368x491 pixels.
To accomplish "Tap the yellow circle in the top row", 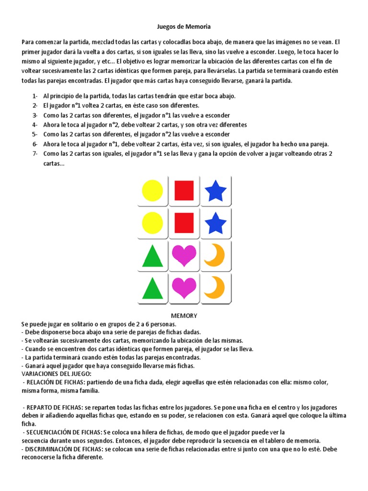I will point(152,191).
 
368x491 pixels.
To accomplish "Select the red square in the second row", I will point(184,223).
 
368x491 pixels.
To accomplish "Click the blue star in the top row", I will point(216,191).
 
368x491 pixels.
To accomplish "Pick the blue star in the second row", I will point(216,223).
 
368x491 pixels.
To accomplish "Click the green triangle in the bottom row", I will point(152,288).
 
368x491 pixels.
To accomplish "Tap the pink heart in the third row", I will point(184,256).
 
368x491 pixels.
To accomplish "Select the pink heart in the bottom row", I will point(184,288).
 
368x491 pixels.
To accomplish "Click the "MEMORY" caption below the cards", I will point(184,316).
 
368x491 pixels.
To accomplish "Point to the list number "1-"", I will point(34,96).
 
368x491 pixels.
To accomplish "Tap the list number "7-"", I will point(34,153).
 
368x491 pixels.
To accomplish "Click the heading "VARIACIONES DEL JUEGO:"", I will point(57,374).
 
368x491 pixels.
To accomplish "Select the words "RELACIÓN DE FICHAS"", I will point(55,382).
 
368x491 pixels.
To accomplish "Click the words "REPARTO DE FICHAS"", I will point(54,407).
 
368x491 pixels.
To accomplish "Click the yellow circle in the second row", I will point(152,223).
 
